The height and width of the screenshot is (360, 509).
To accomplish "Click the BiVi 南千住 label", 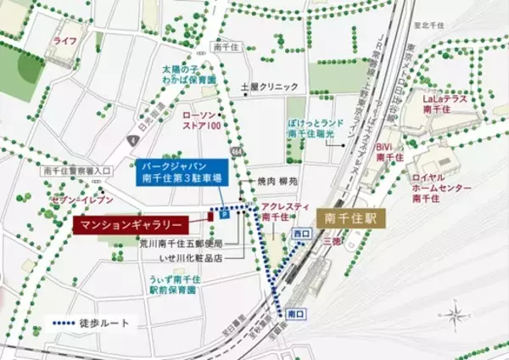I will point(389,150).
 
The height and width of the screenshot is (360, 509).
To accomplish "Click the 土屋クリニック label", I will point(270,87).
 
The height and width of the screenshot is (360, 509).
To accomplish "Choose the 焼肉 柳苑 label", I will point(278,181).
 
